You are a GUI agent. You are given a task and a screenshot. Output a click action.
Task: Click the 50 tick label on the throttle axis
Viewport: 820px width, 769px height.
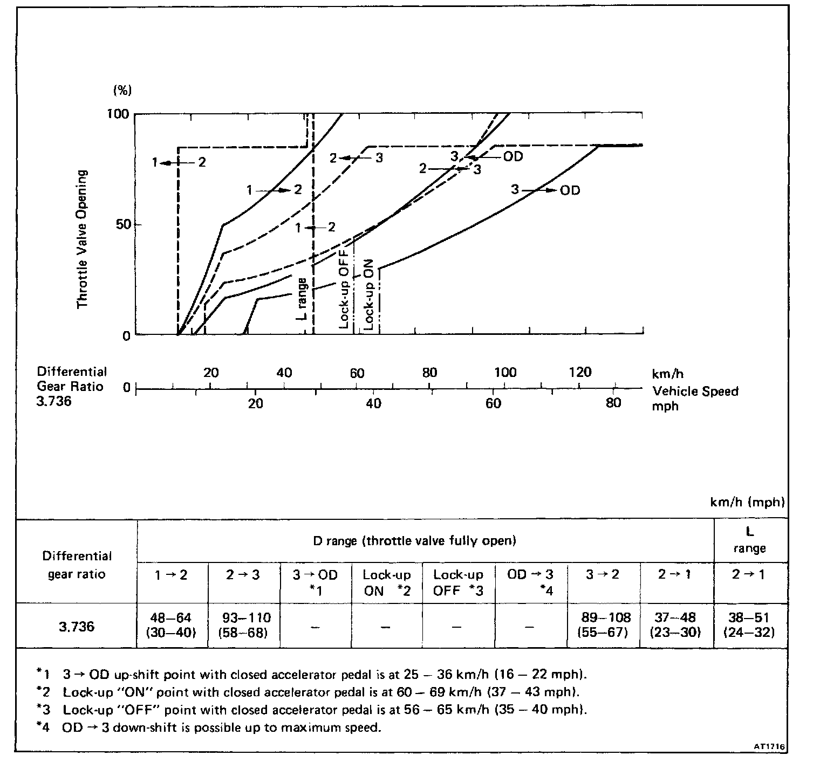(122, 224)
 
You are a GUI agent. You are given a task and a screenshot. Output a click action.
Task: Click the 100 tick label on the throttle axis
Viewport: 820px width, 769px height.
(119, 114)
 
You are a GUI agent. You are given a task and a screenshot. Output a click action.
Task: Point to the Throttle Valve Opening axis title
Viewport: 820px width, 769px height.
(83, 239)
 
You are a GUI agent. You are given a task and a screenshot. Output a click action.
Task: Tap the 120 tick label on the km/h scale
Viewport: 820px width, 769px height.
(580, 372)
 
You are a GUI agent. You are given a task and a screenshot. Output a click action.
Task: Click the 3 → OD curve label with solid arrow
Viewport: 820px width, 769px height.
(545, 190)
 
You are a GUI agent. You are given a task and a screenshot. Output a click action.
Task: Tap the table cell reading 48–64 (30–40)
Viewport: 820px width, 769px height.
(172, 625)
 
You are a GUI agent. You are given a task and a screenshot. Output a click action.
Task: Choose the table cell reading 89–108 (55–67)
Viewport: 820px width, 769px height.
(604, 625)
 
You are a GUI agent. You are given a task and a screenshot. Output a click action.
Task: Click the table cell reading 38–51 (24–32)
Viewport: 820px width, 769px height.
(749, 625)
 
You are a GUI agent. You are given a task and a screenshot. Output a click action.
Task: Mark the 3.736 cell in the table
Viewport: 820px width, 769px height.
(77, 626)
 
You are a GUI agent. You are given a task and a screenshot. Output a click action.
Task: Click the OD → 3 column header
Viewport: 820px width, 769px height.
(530, 582)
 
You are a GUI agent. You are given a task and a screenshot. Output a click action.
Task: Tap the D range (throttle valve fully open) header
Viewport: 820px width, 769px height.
(414, 540)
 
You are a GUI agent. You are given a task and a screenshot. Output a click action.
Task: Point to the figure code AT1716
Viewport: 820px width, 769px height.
(770, 747)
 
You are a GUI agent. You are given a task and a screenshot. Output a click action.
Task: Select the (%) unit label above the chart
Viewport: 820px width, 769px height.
(122, 90)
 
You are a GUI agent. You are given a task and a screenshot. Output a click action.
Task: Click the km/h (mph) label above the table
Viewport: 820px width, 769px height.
(747, 502)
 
